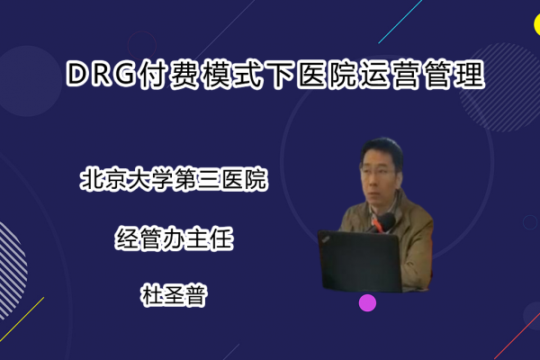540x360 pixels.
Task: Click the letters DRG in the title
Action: pos(101,74)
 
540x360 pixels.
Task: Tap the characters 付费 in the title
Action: pos(167,75)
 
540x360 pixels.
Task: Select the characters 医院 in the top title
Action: pos(327,75)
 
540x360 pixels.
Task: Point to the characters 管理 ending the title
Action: pos(454,75)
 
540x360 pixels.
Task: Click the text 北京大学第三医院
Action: pos(174,179)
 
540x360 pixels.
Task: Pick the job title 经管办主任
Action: pos(174,238)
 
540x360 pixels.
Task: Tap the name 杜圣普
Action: pos(174,295)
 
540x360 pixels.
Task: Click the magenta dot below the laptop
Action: pos(367,302)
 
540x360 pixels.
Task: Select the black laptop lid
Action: pos(361,261)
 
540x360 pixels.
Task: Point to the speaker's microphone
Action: pos(385,220)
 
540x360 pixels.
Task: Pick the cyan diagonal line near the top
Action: pos(400,22)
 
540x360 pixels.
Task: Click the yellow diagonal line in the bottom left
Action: pos(22,319)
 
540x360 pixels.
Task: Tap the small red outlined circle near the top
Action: pos(142,46)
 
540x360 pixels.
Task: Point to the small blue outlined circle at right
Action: pos(530,222)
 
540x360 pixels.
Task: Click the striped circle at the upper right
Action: pos(500,87)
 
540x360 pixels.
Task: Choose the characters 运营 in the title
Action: pos(391,75)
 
